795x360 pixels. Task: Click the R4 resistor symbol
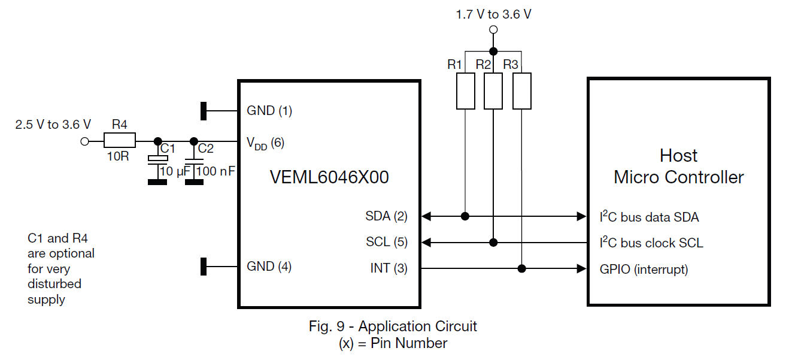pyautogui.click(x=120, y=141)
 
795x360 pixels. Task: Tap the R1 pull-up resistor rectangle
pyautogui.click(x=466, y=92)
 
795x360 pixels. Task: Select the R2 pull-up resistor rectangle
pyautogui.click(x=493, y=92)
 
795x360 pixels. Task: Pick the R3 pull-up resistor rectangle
pyautogui.click(x=522, y=92)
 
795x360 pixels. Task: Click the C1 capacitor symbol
pyautogui.click(x=157, y=160)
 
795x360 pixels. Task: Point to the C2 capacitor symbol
pyautogui.click(x=193, y=160)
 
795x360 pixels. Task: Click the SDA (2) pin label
pyautogui.click(x=386, y=216)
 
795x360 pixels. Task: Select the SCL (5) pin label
pyautogui.click(x=386, y=243)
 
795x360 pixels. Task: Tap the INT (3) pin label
pyautogui.click(x=389, y=269)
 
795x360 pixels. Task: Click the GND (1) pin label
pyautogui.click(x=269, y=111)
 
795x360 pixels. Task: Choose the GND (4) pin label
pyautogui.click(x=269, y=267)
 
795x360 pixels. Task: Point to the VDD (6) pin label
pyautogui.click(x=265, y=143)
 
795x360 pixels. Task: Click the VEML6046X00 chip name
pyautogui.click(x=329, y=178)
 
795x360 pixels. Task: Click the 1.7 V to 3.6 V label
pyautogui.click(x=493, y=14)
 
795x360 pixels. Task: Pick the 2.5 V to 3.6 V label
pyautogui.click(x=53, y=125)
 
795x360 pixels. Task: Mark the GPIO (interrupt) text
pyautogui.click(x=644, y=270)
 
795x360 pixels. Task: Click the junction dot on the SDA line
pyautogui.click(x=466, y=216)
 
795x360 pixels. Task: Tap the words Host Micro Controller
pyautogui.click(x=678, y=167)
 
